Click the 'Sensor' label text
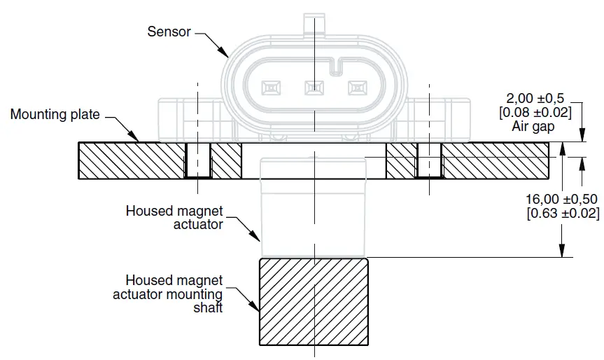click(x=169, y=32)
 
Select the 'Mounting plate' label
click(x=55, y=114)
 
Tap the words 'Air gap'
click(x=534, y=127)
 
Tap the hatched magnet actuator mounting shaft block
click(x=314, y=301)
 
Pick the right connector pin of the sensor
click(x=358, y=88)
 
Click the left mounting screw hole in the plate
click(x=198, y=161)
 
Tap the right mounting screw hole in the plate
click(x=429, y=161)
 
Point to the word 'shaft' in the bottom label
click(x=208, y=307)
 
